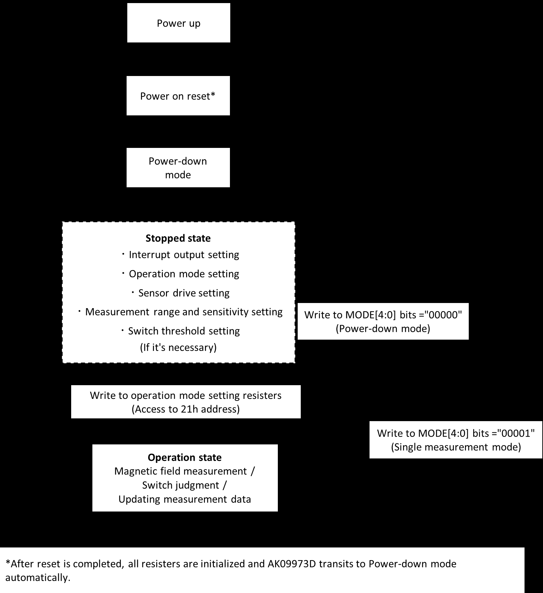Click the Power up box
179,23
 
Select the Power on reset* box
178,96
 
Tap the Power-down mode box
178,168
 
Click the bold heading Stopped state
178,238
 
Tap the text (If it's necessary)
178,348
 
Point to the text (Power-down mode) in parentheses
383,329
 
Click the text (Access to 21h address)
186,409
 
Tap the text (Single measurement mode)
456,447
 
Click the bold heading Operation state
185,458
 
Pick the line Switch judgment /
184,485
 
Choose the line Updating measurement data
185,499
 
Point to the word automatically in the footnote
38,578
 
